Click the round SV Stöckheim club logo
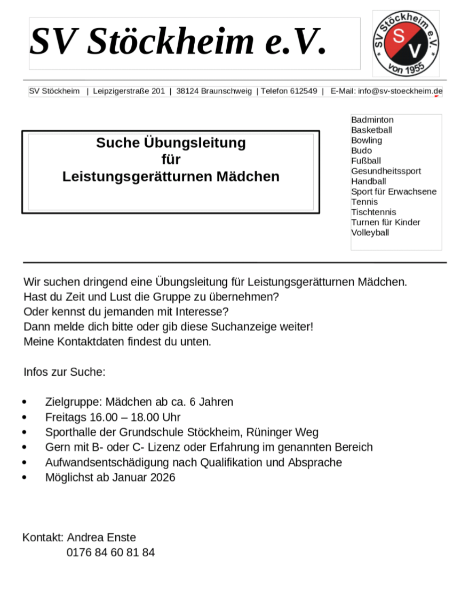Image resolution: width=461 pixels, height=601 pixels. [406, 43]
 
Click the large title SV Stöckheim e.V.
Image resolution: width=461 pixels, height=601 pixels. [178, 42]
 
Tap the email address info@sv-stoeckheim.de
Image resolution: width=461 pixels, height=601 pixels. [400, 91]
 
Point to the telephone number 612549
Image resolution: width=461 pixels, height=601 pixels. [304, 91]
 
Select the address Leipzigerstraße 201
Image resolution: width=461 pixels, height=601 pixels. [129, 91]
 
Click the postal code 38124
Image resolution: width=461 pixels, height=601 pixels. [187, 91]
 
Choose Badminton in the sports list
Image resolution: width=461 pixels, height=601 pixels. [372, 120]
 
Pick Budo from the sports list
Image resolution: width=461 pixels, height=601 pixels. [361, 151]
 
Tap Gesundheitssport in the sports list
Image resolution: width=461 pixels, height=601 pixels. [386, 171]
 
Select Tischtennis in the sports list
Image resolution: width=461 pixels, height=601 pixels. [373, 212]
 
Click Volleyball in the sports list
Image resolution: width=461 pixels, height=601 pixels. [370, 232]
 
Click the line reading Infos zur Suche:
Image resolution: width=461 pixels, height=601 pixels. [65, 372]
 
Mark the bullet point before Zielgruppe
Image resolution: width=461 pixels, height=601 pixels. [25, 402]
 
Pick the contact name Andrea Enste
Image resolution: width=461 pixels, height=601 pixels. [101, 537]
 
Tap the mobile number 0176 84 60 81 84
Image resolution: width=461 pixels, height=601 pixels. [110, 552]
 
